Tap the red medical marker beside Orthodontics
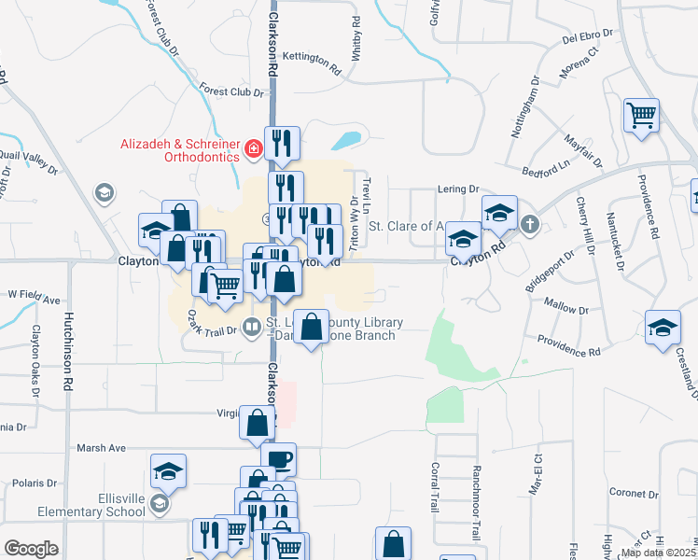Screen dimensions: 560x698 [x=252, y=149]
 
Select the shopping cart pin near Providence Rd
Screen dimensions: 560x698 [x=642, y=117]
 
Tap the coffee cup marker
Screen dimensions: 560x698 [x=278, y=459]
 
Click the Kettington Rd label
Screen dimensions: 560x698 [x=312, y=59]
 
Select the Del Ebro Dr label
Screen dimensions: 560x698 [x=587, y=35]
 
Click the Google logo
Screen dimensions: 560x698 [x=31, y=549]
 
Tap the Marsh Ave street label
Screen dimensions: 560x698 [x=101, y=448]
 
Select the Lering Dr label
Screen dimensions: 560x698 [x=457, y=189]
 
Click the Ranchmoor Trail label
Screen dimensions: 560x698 [x=476, y=503]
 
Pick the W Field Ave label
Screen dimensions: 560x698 [x=34, y=300]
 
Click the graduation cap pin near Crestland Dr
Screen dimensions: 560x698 [x=663, y=328]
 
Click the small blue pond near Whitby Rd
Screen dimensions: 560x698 [x=345, y=141]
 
